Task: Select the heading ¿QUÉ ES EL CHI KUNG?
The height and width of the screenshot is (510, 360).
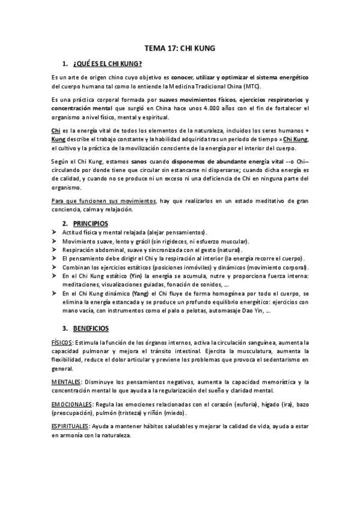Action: coord(106,64)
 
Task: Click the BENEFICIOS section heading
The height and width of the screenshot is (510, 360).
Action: coord(91,328)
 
